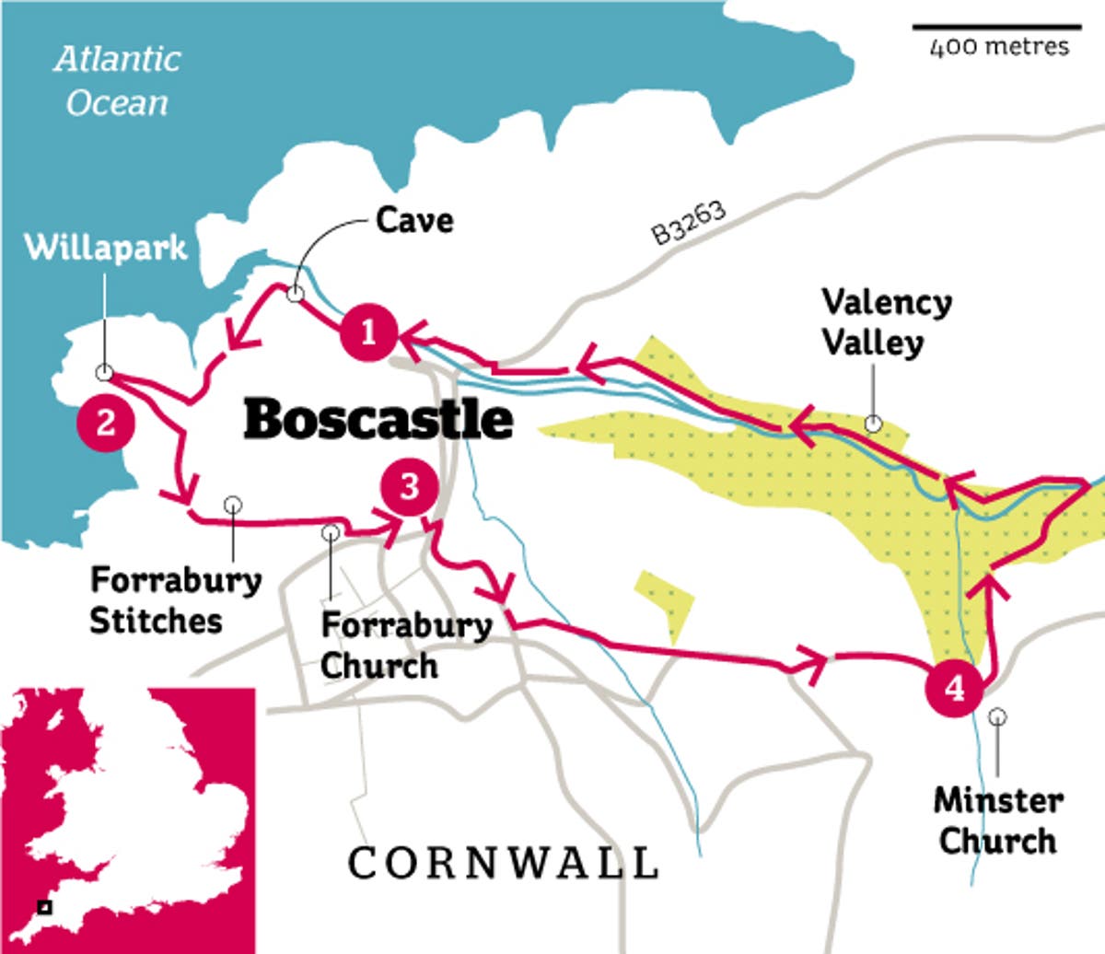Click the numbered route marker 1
click(368, 332)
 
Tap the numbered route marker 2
click(106, 423)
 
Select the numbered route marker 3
click(410, 486)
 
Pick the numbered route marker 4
click(956, 688)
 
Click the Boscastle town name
click(378, 419)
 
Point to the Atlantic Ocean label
click(117, 81)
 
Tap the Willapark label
click(105, 248)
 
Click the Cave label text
click(414, 220)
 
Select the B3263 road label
click(689, 223)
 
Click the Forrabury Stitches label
click(175, 600)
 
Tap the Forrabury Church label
click(405, 645)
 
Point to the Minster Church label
click(998, 820)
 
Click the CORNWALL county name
click(503, 864)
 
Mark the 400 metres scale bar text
click(999, 47)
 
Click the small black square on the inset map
click(43, 907)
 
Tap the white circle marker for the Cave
click(295, 295)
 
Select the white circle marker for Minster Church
click(997, 716)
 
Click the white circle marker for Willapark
click(104, 372)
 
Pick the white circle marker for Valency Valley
click(873, 424)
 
